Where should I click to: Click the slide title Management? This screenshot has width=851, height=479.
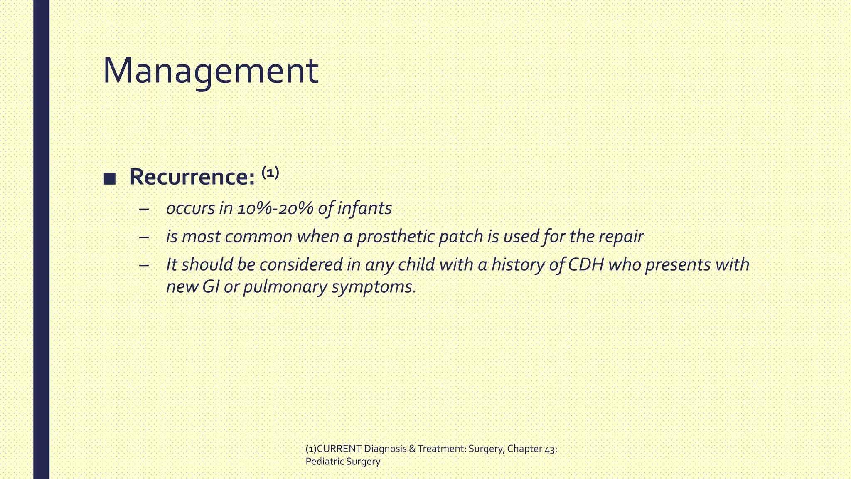pos(210,71)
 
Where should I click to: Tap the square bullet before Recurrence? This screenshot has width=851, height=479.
pos(110,179)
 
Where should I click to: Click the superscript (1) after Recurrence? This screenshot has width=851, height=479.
pos(270,172)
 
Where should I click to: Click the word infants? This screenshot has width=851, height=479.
pos(364,208)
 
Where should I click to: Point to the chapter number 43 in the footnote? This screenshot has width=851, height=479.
pos(549,449)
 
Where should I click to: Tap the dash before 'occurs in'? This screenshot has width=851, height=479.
pos(144,209)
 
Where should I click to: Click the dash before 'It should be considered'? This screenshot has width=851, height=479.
pos(144,265)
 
